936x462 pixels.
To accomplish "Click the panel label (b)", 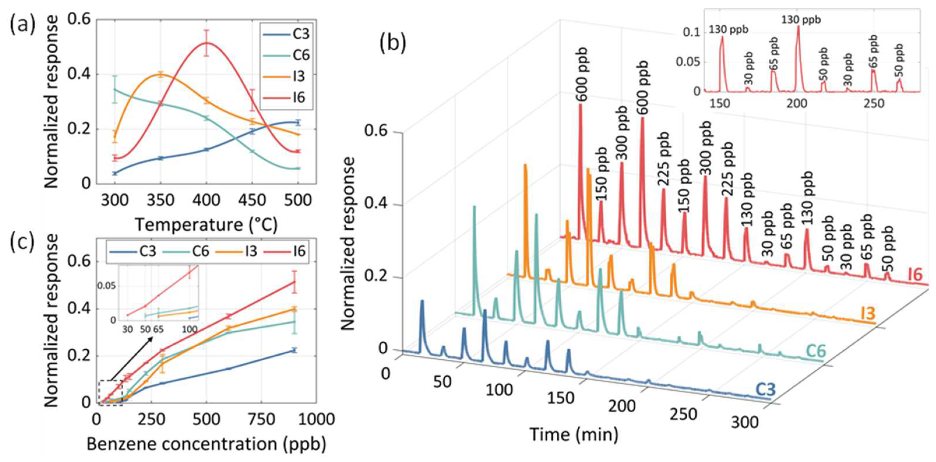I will point(392,44).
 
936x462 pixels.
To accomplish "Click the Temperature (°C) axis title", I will point(206,225).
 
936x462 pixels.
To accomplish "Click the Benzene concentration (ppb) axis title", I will point(206,444).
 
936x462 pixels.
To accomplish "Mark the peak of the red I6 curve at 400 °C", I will point(206,43).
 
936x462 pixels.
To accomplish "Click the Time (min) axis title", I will point(574,434).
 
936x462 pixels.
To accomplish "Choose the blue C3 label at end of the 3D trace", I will point(766,389).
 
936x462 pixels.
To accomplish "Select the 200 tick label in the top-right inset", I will point(797,103).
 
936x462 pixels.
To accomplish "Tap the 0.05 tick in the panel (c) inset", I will point(106,286).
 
